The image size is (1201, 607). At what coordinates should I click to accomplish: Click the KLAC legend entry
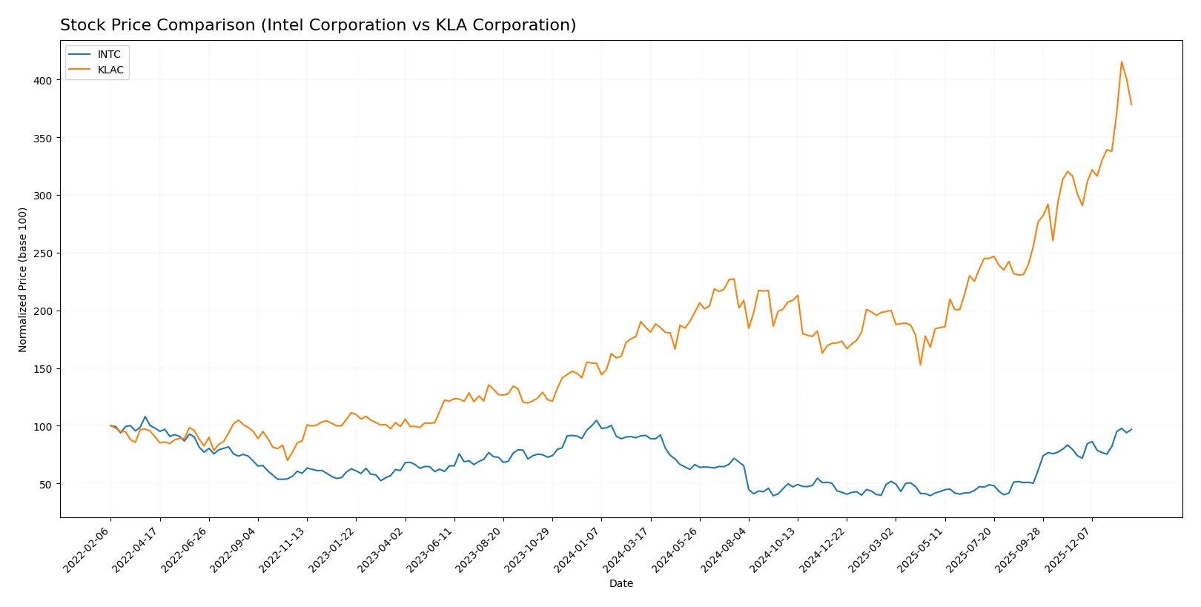tap(110, 70)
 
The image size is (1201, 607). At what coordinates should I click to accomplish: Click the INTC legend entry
tap(109, 54)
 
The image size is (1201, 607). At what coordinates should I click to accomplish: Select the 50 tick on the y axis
tap(46, 484)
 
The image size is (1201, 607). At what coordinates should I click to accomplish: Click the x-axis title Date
tap(621, 583)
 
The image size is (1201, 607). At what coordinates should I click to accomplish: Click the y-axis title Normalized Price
tap(22, 279)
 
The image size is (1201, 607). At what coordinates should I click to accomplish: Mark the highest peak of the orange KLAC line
tap(1121, 62)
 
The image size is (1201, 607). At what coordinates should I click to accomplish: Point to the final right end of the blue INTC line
tap(1131, 429)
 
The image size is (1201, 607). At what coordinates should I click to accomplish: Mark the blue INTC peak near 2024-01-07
tap(596, 420)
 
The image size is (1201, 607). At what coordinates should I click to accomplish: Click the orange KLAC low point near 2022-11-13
tap(288, 460)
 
